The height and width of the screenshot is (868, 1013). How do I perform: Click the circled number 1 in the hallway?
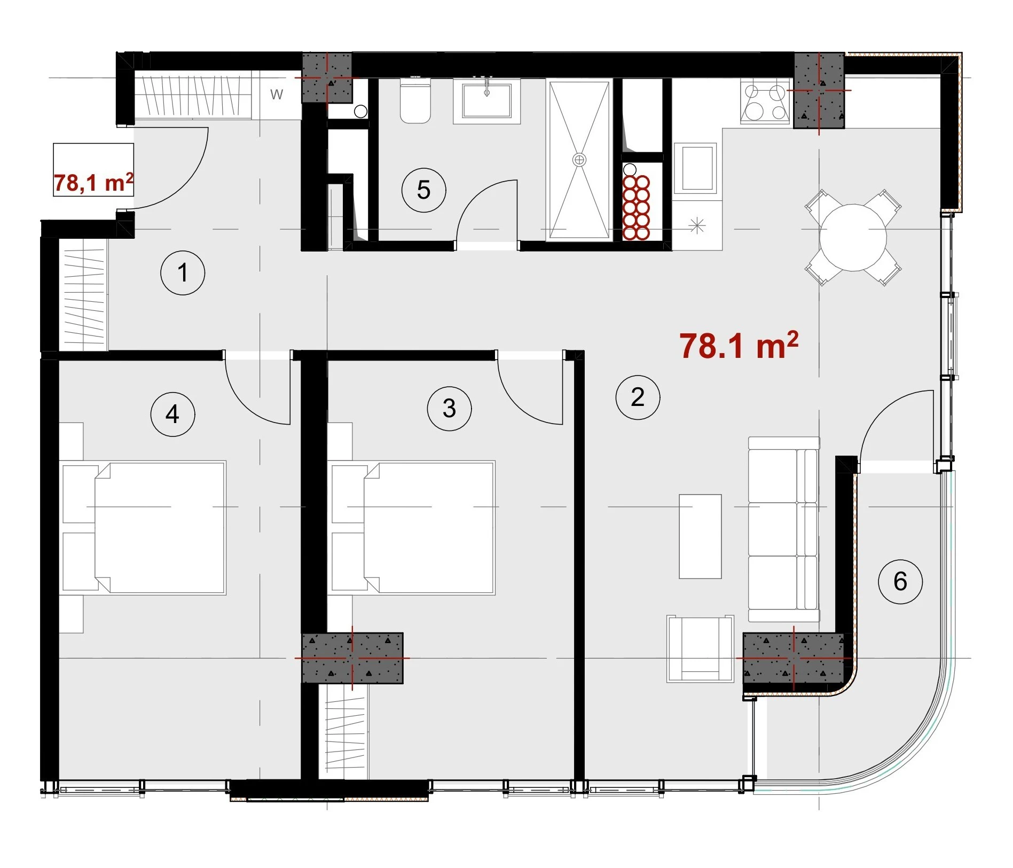[x=183, y=273]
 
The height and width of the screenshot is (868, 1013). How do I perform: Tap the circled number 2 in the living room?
[x=638, y=397]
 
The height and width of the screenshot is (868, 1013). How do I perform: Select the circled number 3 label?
[x=449, y=409]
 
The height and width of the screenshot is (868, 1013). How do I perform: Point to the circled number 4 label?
[x=172, y=414]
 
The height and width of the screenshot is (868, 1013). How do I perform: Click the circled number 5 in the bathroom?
[x=423, y=190]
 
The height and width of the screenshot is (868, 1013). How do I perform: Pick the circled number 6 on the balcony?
[x=900, y=582]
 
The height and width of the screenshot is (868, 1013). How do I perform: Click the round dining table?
[x=853, y=238]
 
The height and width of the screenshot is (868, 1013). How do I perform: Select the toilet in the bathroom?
[x=415, y=101]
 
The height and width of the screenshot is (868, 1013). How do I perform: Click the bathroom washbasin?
[x=486, y=101]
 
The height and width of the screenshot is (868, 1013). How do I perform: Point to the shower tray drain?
[x=579, y=159]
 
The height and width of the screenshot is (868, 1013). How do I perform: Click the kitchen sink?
[x=695, y=168]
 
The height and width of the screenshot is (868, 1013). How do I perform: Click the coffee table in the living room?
[x=700, y=536]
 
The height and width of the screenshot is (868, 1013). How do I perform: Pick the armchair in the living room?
[x=700, y=648]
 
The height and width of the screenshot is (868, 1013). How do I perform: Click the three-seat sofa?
[x=784, y=529]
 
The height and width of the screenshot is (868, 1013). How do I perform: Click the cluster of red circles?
[x=635, y=207]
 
